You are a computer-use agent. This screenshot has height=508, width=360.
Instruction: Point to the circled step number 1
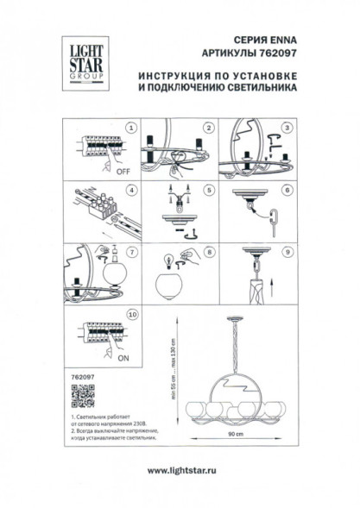tap(131, 128)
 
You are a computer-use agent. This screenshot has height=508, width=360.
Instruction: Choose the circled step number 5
tap(208, 191)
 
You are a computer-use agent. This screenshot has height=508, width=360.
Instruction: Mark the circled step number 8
tap(208, 253)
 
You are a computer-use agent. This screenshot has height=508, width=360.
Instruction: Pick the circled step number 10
tap(131, 316)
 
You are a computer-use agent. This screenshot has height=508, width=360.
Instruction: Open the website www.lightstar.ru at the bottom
tap(180, 470)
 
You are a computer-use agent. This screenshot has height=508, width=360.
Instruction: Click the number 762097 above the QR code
tap(79, 376)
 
